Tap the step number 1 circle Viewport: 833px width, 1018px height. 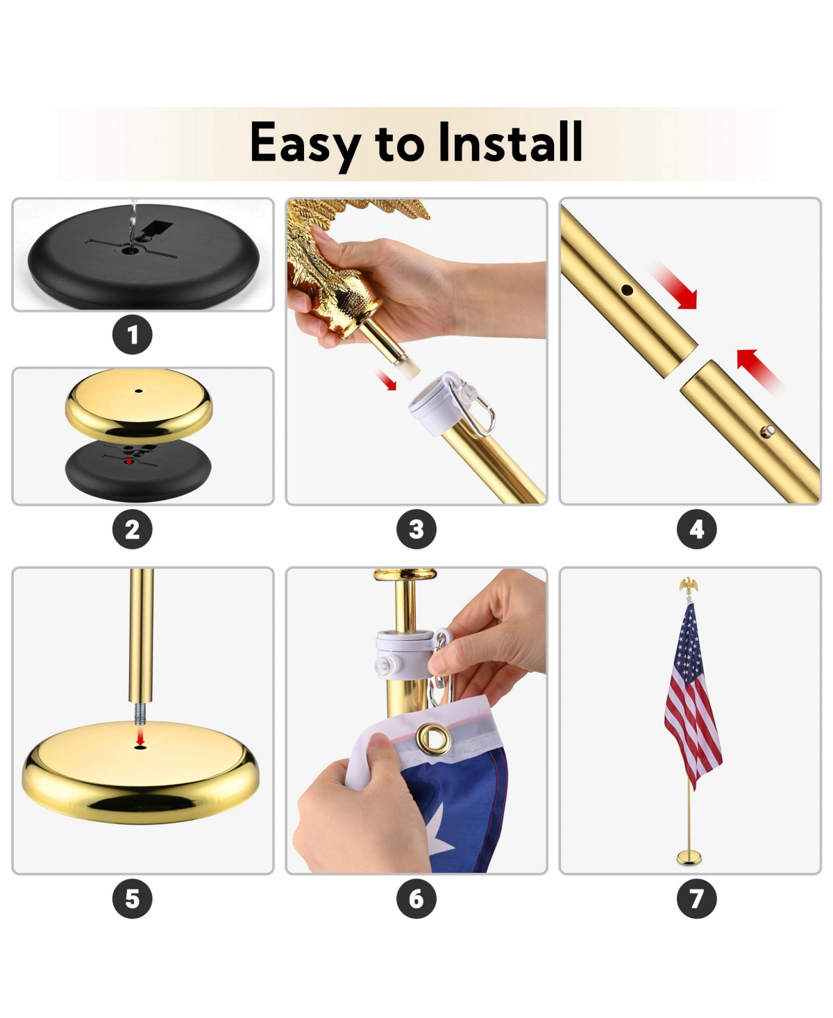[132, 335]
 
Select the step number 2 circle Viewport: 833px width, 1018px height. [132, 530]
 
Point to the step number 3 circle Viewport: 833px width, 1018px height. [416, 530]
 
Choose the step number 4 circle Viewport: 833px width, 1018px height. [696, 530]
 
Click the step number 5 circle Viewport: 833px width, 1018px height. [132, 899]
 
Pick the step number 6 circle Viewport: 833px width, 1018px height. [416, 899]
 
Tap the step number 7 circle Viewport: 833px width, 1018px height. [696, 899]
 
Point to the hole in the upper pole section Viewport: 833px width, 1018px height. [627, 290]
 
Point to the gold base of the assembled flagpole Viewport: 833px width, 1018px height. [689, 858]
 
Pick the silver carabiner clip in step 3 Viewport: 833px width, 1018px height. [480, 415]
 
